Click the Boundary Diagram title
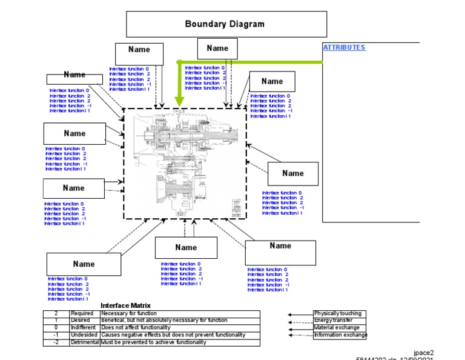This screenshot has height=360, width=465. pyautogui.click(x=225, y=24)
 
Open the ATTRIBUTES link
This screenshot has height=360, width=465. pyautogui.click(x=344, y=47)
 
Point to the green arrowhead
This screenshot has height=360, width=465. pyautogui.click(x=179, y=103)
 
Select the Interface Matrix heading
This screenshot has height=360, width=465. pyautogui.click(x=125, y=305)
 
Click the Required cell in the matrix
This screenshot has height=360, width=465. pyautogui.click(x=82, y=313)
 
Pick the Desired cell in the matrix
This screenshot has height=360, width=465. pyautogui.click(x=81, y=320)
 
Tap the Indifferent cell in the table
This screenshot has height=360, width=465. pyautogui.click(x=84, y=327)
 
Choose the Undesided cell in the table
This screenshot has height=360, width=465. pyautogui.click(x=84, y=335)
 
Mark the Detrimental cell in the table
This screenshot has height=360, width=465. pyautogui.click(x=85, y=342)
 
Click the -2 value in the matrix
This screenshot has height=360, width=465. pyautogui.click(x=56, y=342)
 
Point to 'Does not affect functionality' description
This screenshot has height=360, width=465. pyautogui.click(x=136, y=327)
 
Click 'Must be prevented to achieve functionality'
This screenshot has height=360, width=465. pyautogui.click(x=154, y=342)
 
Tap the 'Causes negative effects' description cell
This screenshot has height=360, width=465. pyautogui.click(x=173, y=335)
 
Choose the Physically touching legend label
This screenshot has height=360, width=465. pyautogui.click(x=337, y=313)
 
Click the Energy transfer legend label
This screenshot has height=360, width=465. pyautogui.click(x=332, y=321)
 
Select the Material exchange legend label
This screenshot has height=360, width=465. pyautogui.click(x=337, y=328)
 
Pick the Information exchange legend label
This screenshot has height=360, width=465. pyautogui.click(x=340, y=335)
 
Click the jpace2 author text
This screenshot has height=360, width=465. pyautogui.click(x=424, y=352)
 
